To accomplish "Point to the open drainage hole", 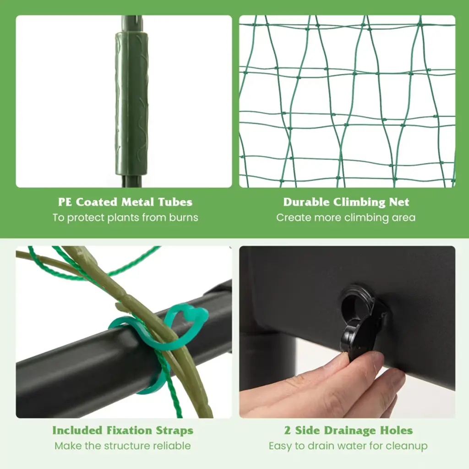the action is point(355,302).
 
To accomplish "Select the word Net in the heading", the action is point(399,202).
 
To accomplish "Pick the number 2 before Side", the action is point(288,431).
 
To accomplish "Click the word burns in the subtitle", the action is point(184,218).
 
